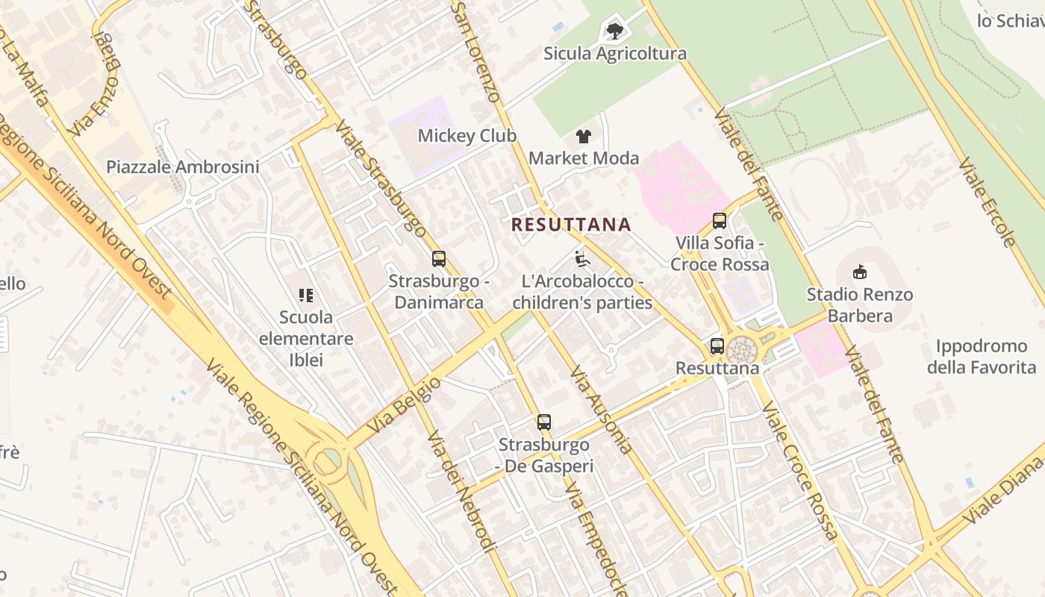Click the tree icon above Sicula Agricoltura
615,31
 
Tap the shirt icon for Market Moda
584,136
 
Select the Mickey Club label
467,136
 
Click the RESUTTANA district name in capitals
571,225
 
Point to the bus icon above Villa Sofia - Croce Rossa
720,221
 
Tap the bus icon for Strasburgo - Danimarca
439,259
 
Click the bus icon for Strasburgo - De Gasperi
544,422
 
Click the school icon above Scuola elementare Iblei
305,296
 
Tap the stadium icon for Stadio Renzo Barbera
860,272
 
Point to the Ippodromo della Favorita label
982,357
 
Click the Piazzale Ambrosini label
183,166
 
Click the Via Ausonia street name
601,410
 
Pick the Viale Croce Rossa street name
799,470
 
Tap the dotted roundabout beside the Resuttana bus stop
742,349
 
